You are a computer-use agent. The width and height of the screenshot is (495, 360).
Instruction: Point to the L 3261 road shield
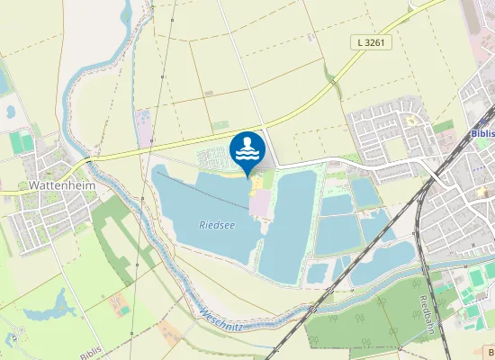tap(371, 42)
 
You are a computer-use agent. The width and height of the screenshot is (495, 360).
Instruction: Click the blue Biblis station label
tap(482, 133)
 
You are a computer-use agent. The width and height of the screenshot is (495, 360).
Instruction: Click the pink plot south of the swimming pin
tap(259, 205)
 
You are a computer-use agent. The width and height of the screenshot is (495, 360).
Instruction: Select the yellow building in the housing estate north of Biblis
tap(413, 120)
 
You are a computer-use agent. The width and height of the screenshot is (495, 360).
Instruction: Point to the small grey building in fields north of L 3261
tap(209, 93)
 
